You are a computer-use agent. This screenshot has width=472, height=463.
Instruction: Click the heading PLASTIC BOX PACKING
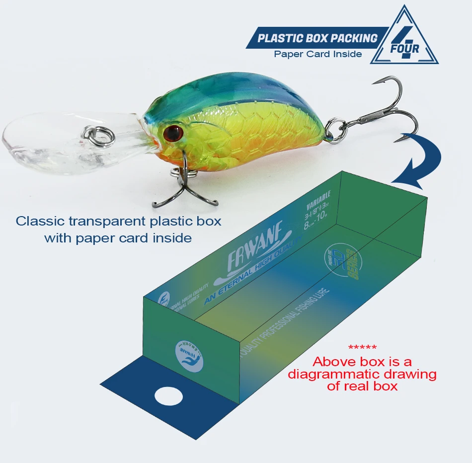pyautogui.click(x=318, y=38)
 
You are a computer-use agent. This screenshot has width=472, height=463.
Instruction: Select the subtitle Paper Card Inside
pyautogui.click(x=318, y=54)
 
